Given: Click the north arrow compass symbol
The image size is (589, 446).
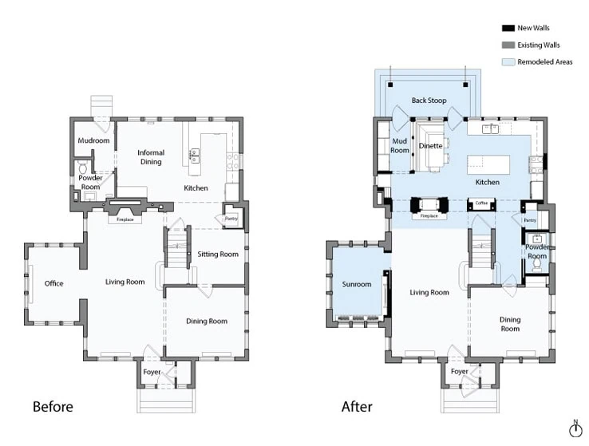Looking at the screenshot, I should [x=575, y=429].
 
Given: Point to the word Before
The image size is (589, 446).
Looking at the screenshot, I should [x=53, y=407].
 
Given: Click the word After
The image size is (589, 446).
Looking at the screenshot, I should [x=357, y=407].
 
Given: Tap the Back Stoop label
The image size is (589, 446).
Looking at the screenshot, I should [x=429, y=101].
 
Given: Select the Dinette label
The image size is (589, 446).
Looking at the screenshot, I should [x=431, y=146].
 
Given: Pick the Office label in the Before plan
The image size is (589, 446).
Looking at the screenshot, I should [x=53, y=283].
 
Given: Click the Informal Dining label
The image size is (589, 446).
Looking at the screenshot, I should [x=150, y=157].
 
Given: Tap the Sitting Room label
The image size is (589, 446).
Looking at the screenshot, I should [x=218, y=255].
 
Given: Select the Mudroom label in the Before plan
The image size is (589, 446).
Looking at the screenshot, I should [x=93, y=141].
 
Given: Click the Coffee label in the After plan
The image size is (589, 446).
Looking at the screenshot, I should [x=481, y=203].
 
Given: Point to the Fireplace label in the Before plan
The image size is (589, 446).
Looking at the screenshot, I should [x=125, y=219].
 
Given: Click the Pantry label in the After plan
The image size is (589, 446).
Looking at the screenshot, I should [x=530, y=219].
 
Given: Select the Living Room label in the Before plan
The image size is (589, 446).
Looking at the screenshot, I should [x=125, y=282].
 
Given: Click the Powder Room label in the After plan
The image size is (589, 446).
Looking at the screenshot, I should [x=536, y=251].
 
